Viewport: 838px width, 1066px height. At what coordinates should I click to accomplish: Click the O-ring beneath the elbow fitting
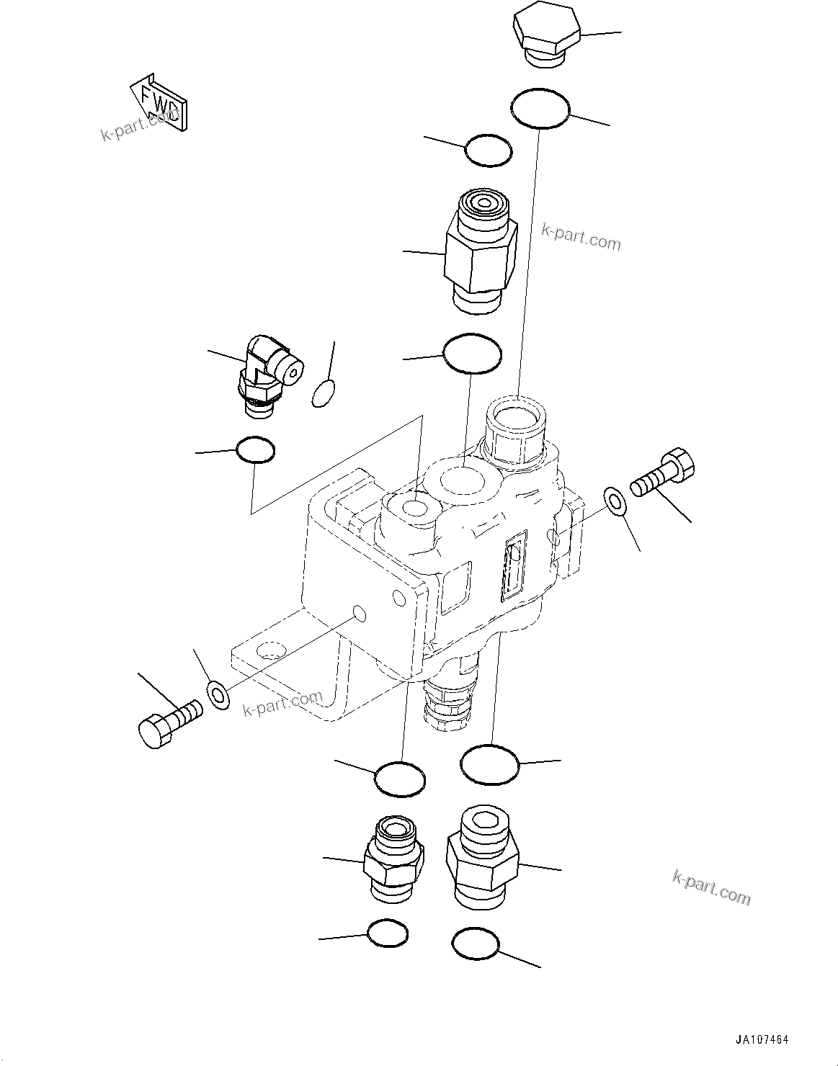255,450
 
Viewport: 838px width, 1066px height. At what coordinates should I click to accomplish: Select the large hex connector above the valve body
481,249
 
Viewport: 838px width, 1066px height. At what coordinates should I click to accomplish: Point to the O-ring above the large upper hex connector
489,151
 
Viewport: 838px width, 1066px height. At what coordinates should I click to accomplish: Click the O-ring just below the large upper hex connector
472,353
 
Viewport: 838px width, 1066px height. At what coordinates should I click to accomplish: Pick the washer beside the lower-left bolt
217,693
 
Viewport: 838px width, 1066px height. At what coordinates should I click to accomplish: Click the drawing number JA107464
762,1040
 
